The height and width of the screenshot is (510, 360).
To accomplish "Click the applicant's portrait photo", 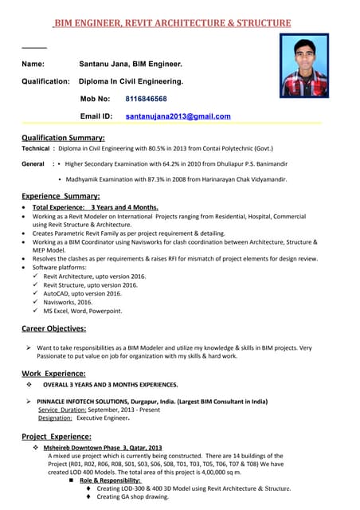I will (x=303, y=65).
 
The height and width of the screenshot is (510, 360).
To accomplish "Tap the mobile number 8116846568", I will (x=146, y=99).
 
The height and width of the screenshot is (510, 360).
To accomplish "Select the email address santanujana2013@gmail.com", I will (x=178, y=116).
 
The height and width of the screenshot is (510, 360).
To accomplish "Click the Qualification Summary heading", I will (x=63, y=138).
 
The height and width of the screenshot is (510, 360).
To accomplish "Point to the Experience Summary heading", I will (x=61, y=195).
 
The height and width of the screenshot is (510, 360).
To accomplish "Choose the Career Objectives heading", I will (x=53, y=328).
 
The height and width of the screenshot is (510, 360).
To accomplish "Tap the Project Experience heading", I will (x=56, y=437).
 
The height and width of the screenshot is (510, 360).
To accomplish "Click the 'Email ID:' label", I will (x=96, y=116).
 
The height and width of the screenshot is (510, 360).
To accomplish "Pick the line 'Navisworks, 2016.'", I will (x=68, y=302).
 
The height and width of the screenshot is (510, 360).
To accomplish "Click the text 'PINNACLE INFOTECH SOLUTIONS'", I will (x=88, y=402).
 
